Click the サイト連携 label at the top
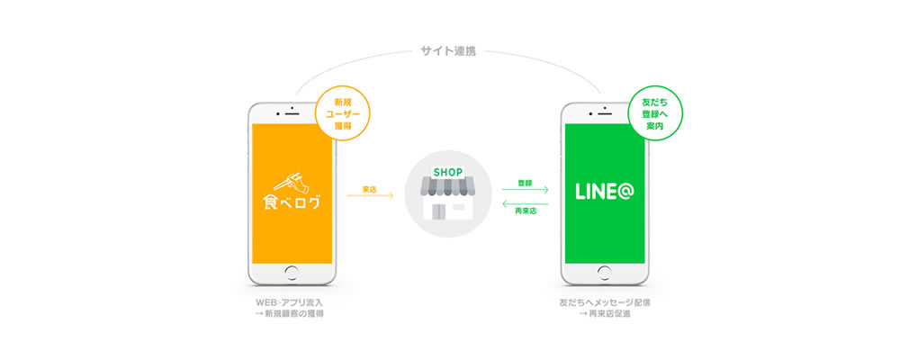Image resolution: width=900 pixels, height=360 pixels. tap(447, 52)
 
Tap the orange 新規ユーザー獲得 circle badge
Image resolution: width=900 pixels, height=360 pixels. tap(343, 113)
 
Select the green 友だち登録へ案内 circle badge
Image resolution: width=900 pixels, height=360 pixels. tap(654, 113)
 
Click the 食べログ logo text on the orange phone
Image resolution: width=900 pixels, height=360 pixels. tap(292, 203)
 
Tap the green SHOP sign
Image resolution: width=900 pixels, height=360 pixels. tap(447, 172)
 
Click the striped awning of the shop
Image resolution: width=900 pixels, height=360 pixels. tap(447, 186)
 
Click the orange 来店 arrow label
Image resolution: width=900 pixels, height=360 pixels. tap(370, 189)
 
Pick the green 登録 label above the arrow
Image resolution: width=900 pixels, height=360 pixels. tap(525, 183)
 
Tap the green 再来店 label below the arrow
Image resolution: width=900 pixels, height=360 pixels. tap(526, 211)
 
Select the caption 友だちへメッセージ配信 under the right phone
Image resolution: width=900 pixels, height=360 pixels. tap(605, 302)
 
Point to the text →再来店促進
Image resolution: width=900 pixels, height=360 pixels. tap(605, 314)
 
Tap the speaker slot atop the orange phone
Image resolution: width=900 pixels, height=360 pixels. tap(292, 113)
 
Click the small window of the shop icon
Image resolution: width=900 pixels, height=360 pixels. tap(459, 206)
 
